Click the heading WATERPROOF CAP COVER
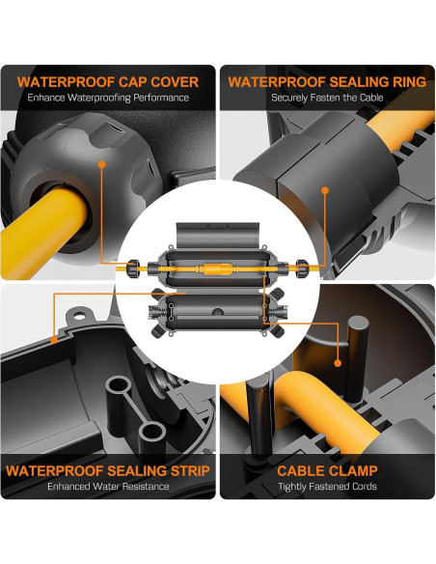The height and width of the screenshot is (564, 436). pos(108,82)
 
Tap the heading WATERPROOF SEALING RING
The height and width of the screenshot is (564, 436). pos(327,82)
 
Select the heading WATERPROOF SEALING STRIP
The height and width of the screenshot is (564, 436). pos(108,471)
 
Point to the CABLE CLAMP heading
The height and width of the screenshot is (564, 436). pos(327,471)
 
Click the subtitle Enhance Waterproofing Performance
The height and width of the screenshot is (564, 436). pos(108,98)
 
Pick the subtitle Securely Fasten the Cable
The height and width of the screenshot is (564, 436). pos(327,98)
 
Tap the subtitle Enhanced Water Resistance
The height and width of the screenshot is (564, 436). pos(108,487)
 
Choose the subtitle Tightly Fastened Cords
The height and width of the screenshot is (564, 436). pos(327,487)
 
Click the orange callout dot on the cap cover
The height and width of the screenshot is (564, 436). pos(102,164)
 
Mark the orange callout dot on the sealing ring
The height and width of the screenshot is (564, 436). pos(325,190)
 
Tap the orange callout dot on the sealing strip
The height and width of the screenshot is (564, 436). pos(54,340)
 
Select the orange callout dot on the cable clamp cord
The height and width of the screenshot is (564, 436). pos(338,363)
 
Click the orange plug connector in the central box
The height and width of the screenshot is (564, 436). pos(218,269)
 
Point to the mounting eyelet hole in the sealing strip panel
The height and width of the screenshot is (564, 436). pos(79,316)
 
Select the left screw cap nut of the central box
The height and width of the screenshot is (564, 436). pos(134,268)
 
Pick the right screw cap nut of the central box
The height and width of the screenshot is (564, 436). pos(302,268)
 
